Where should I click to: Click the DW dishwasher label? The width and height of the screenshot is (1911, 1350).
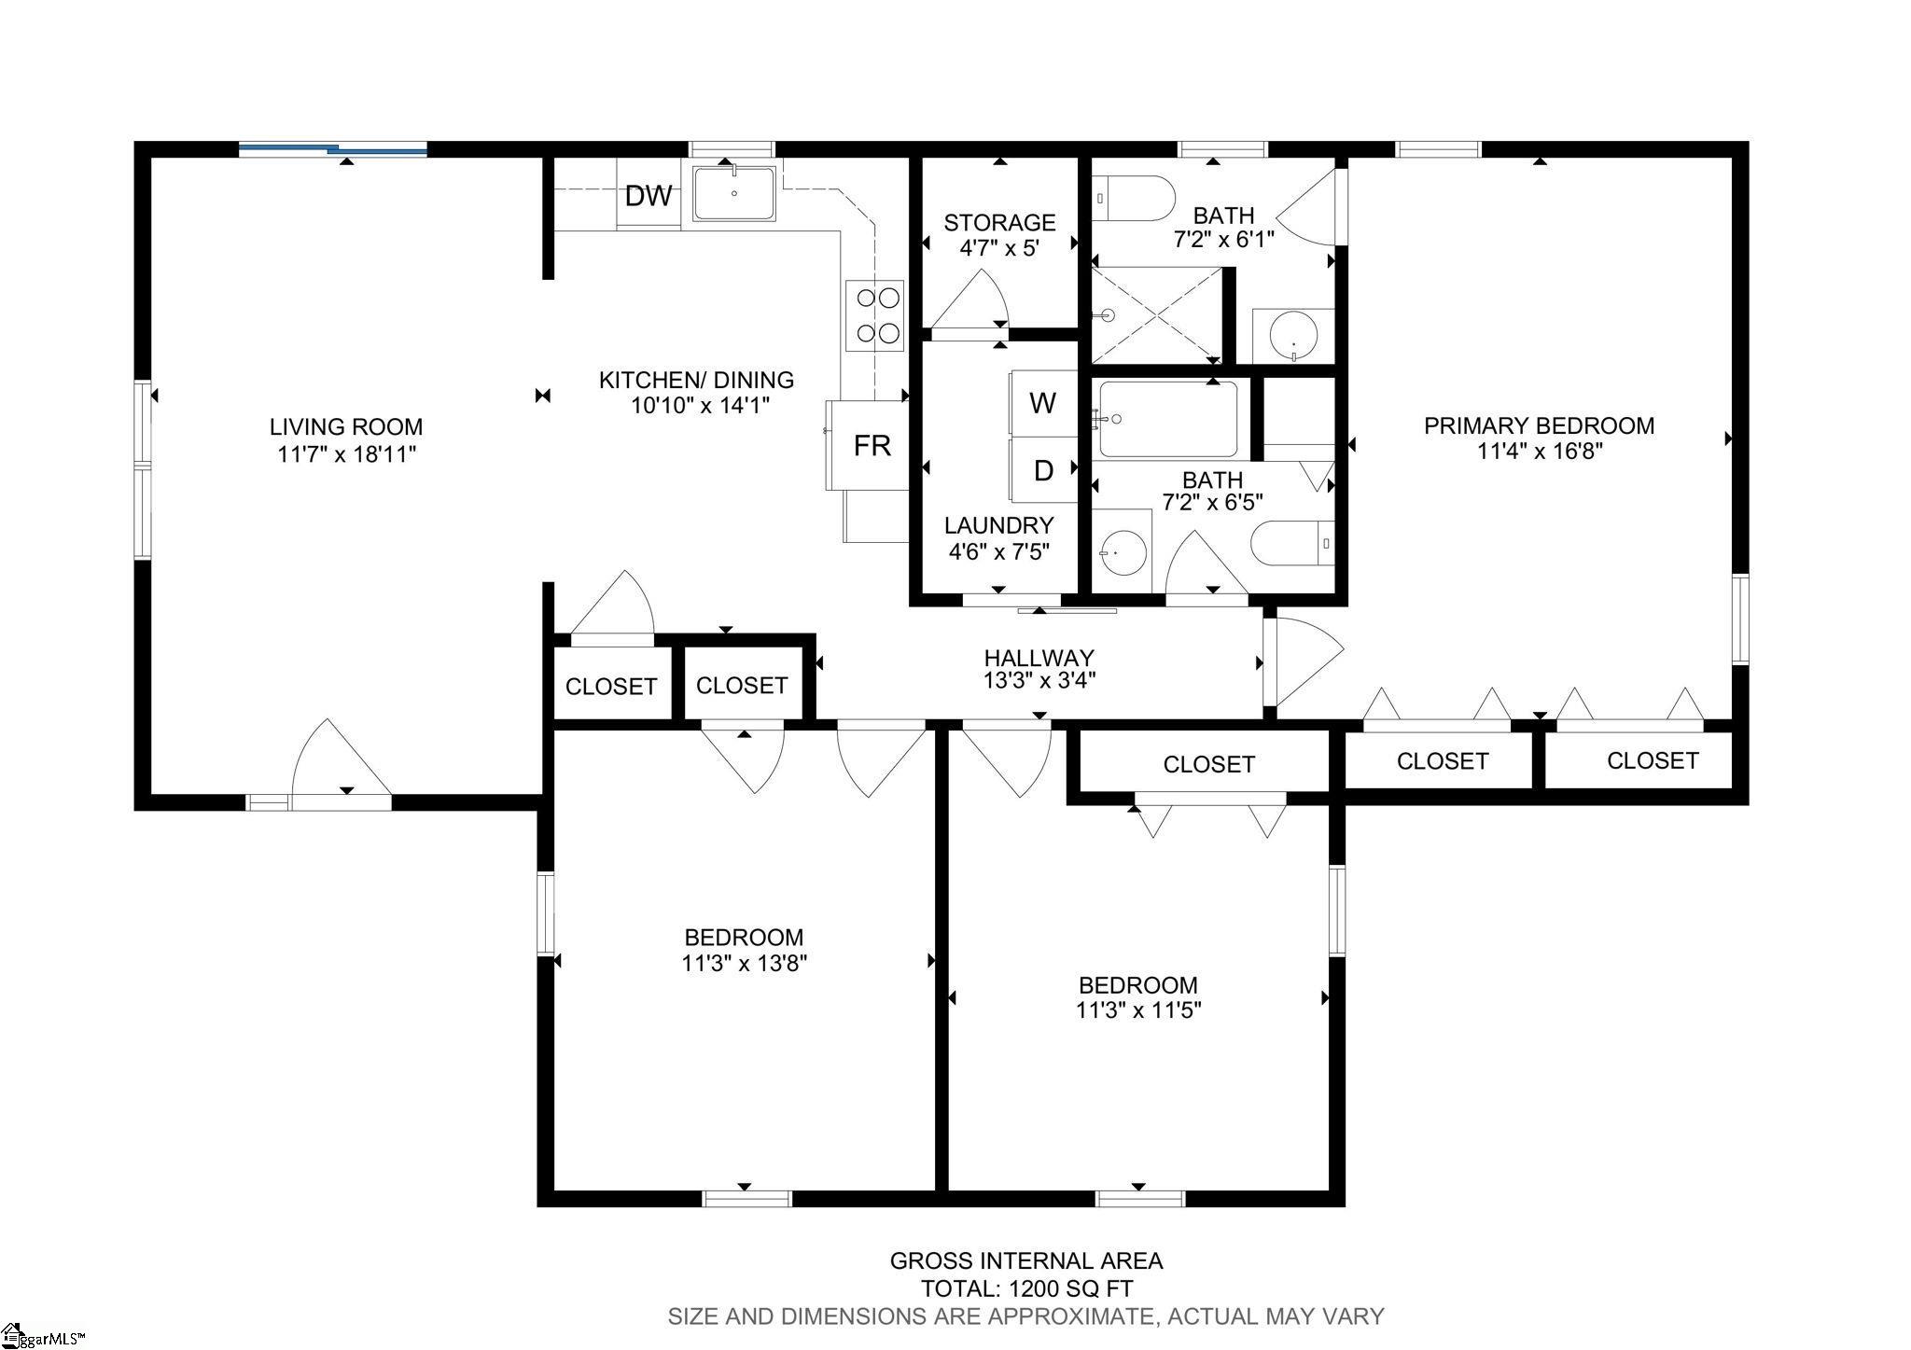[x=649, y=196]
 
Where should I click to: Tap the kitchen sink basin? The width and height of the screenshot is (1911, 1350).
[x=733, y=193]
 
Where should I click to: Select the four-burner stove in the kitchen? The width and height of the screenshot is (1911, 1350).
[x=875, y=315]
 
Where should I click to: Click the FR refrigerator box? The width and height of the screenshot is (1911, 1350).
[x=868, y=445]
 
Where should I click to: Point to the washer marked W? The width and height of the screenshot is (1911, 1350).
[x=1043, y=403]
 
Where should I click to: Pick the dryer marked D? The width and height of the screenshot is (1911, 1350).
[x=1043, y=470]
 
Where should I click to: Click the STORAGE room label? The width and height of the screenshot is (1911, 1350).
[x=999, y=222]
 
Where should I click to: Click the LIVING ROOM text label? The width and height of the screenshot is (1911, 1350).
[x=346, y=426]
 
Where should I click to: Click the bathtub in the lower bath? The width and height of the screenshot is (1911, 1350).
[x=1168, y=419]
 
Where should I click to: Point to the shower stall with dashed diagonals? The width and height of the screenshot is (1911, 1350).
[x=1157, y=315]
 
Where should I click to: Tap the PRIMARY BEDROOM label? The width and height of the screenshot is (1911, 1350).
[x=1539, y=425]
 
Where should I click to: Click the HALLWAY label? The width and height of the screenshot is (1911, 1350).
[x=1039, y=658]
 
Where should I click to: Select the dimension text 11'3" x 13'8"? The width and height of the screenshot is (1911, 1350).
[x=744, y=963]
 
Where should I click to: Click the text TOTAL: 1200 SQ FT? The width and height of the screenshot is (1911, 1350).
[x=1026, y=1288]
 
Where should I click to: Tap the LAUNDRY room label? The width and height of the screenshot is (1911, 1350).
[x=998, y=525]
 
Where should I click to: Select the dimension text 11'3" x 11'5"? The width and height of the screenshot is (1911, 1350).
[x=1137, y=1009]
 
